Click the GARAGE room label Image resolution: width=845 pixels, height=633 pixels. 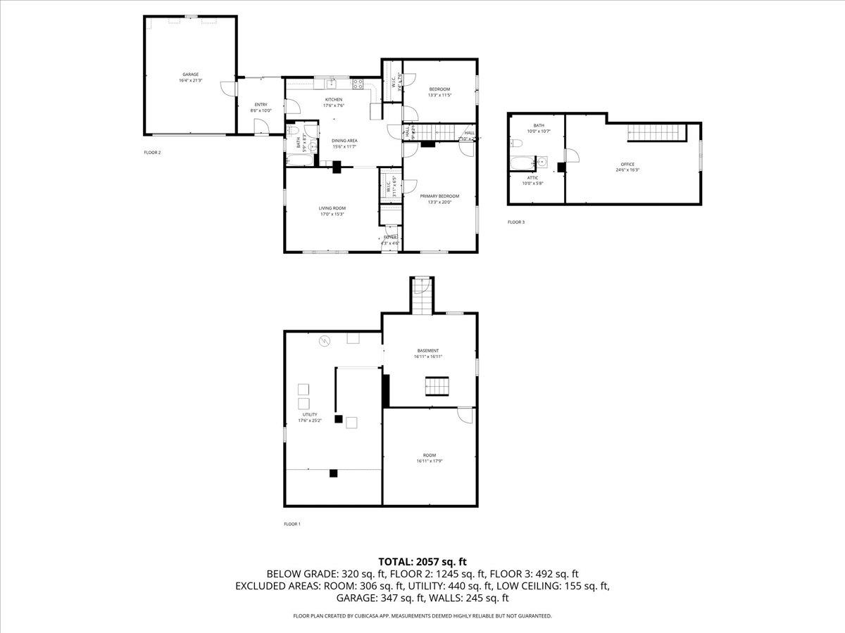click(x=190, y=75)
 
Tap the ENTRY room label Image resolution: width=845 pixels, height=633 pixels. click(x=261, y=104)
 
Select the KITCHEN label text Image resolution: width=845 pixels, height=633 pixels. click(x=333, y=100)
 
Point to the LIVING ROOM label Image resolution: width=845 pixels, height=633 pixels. click(x=332, y=208)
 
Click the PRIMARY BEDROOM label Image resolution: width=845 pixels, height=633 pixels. click(x=439, y=196)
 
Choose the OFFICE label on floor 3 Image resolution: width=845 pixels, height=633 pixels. click(x=627, y=164)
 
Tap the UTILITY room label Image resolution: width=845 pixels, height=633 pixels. click(x=310, y=415)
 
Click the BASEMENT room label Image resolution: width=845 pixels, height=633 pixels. click(x=427, y=350)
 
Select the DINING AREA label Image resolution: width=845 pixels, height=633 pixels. click(x=344, y=141)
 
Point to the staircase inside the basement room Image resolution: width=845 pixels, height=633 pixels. click(x=437, y=387)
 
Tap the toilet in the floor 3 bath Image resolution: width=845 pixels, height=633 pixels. click(x=517, y=143)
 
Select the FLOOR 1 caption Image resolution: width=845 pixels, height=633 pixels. click(x=292, y=524)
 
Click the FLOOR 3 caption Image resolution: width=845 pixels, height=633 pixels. click(x=516, y=222)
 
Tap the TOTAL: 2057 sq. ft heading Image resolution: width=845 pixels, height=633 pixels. click(x=423, y=561)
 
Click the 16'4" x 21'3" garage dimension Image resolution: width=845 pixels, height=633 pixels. click(x=190, y=81)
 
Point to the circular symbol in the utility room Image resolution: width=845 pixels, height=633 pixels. click(x=325, y=341)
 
